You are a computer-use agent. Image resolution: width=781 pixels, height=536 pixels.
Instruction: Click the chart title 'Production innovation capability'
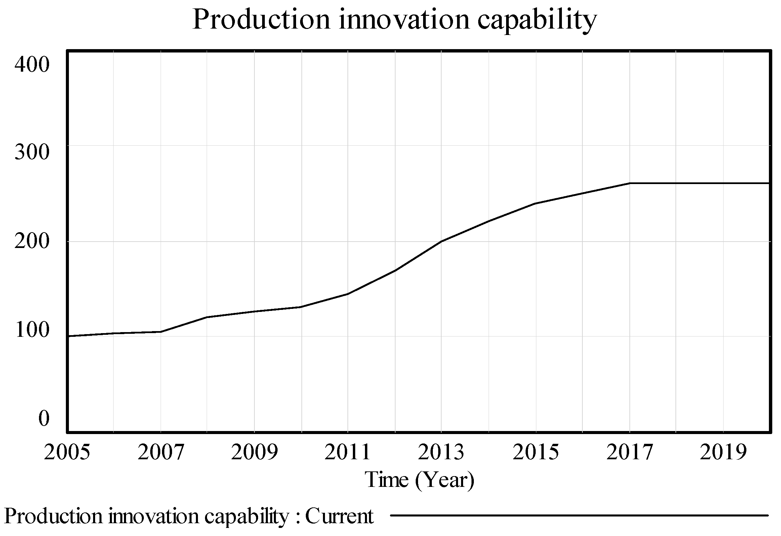pyautogui.click(x=394, y=20)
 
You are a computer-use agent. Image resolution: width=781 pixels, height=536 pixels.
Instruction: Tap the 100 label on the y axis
pyautogui.click(x=32, y=330)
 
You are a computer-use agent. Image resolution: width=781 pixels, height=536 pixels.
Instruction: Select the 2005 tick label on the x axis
pyautogui.click(x=67, y=453)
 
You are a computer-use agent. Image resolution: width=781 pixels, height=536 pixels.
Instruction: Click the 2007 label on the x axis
pyautogui.click(x=161, y=453)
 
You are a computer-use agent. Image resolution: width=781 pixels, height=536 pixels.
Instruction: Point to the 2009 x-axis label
pyautogui.click(x=254, y=453)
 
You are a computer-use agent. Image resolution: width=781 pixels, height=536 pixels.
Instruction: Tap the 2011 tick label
pyautogui.click(x=348, y=453)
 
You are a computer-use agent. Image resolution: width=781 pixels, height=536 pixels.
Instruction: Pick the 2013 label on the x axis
pyautogui.click(x=441, y=453)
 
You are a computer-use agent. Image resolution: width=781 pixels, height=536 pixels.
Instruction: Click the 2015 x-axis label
pyautogui.click(x=536, y=453)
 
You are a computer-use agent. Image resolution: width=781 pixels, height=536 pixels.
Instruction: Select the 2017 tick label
pyautogui.click(x=629, y=453)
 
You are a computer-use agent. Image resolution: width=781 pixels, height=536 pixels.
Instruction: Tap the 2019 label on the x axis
pyautogui.click(x=723, y=453)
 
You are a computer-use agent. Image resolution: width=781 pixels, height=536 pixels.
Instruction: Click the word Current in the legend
pyautogui.click(x=339, y=516)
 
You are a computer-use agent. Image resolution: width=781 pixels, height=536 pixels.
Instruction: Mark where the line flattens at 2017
pyautogui.click(x=629, y=183)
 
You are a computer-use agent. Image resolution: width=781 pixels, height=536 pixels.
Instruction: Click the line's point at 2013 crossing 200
pyautogui.click(x=441, y=241)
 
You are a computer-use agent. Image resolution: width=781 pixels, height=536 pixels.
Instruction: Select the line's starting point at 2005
pyautogui.click(x=68, y=336)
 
